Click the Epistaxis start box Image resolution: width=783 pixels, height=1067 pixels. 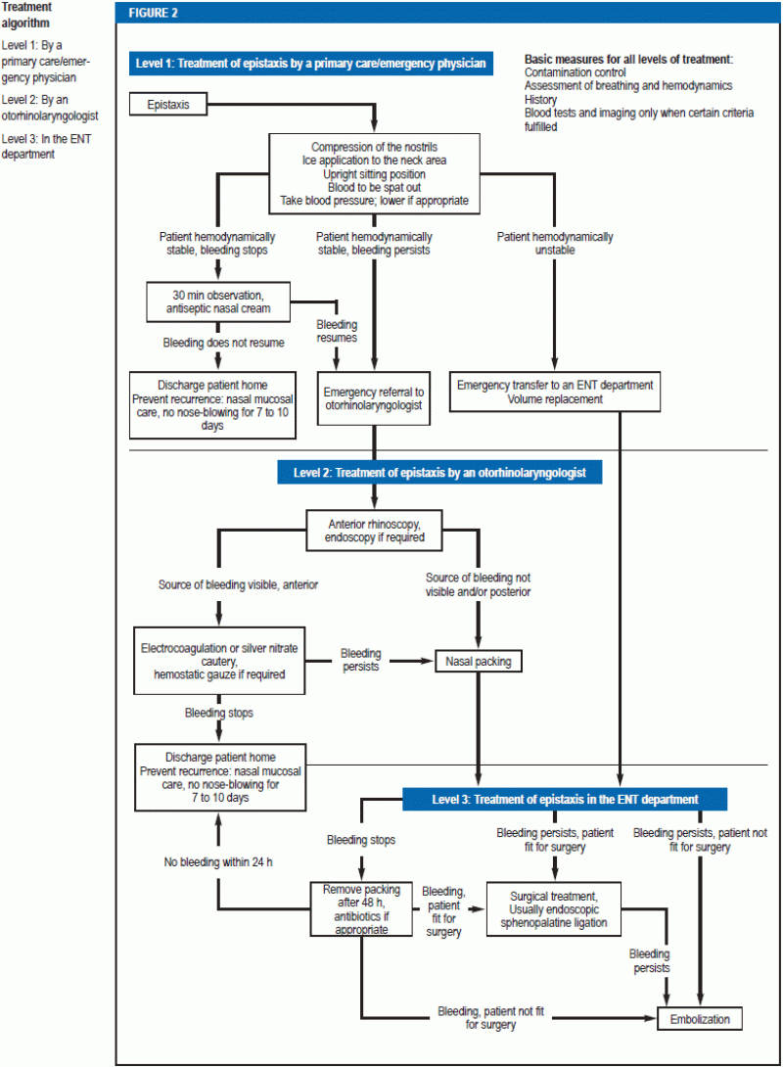tap(168, 104)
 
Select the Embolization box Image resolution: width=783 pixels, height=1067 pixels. tap(700, 1019)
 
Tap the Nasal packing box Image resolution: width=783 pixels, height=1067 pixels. tap(479, 661)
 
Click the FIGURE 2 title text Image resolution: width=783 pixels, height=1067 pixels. tap(153, 13)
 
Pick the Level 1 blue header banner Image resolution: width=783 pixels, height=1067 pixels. tap(311, 64)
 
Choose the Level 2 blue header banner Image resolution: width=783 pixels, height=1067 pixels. tap(439, 472)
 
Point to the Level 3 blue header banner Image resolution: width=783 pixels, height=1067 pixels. tap(565, 799)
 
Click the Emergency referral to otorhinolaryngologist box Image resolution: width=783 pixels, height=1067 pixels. tap(374, 398)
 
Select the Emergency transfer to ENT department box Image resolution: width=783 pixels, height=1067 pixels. tap(554, 392)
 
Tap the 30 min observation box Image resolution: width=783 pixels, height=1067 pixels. tap(218, 302)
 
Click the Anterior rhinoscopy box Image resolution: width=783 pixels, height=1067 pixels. tap(374, 531)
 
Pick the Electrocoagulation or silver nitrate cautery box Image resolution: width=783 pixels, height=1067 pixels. tap(219, 661)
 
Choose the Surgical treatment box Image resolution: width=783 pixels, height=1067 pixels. tap(554, 909)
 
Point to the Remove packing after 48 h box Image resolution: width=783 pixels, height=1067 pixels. tap(361, 909)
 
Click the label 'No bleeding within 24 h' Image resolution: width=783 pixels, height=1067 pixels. tap(218, 862)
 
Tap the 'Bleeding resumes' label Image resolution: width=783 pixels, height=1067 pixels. tap(337, 331)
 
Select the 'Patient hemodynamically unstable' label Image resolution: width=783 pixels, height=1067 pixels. tap(555, 243)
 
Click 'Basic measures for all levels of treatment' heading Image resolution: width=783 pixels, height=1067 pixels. tap(628, 59)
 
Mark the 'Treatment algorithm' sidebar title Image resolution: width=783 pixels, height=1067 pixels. tap(25, 15)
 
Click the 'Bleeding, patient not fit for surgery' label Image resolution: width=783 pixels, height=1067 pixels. tap(490, 1017)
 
